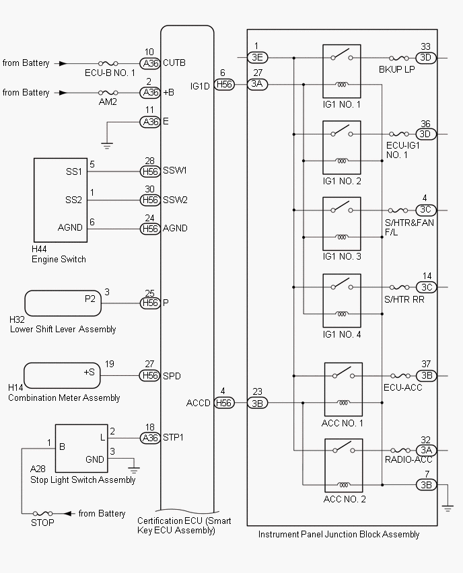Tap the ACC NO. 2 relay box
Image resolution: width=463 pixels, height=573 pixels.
tap(343, 465)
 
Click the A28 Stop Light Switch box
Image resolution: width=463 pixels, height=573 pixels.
tap(81, 449)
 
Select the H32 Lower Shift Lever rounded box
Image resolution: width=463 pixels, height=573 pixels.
tap(62, 303)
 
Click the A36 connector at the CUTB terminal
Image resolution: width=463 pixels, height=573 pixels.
tap(150, 63)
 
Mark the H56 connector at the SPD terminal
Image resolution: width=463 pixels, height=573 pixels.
tap(150, 375)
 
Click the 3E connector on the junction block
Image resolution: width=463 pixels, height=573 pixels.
tap(258, 57)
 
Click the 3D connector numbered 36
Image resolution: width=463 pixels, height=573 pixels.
tap(425, 134)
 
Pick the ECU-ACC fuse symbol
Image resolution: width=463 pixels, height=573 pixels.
tap(403, 375)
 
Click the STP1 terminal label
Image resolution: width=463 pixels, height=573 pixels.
tap(174, 437)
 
